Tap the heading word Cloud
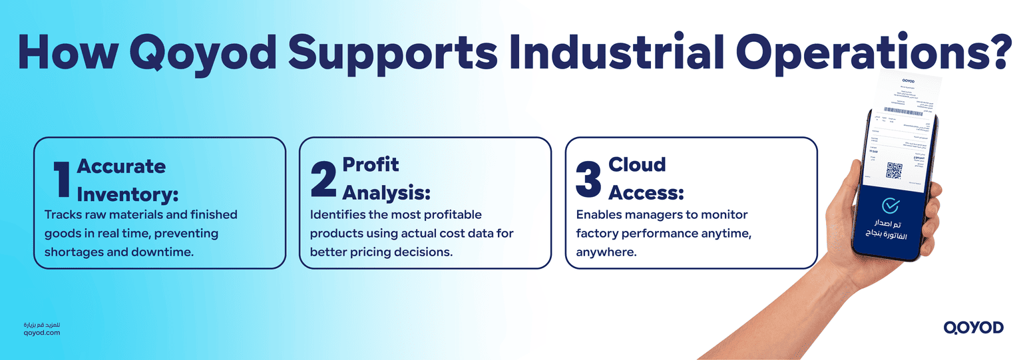(x=637, y=164)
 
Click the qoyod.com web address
(x=41, y=332)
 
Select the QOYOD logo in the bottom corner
(x=973, y=327)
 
